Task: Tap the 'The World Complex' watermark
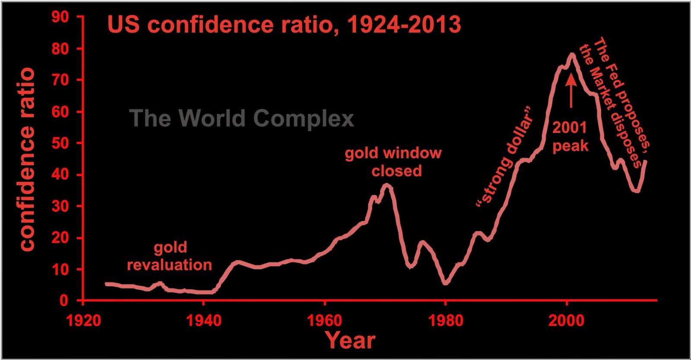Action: click(x=241, y=118)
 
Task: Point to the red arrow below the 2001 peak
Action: click(x=571, y=90)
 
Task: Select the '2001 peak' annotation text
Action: click(x=570, y=136)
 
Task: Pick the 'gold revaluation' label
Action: click(x=169, y=256)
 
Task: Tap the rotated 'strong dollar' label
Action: click(x=505, y=155)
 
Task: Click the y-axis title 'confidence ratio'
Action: click(x=27, y=159)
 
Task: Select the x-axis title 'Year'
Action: click(x=350, y=341)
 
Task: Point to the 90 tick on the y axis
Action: click(x=60, y=17)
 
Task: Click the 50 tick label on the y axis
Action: click(x=60, y=143)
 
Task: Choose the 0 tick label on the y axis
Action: click(x=64, y=300)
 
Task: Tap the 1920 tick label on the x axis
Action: click(x=83, y=321)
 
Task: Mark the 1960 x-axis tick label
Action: click(x=324, y=321)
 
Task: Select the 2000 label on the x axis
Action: click(x=566, y=321)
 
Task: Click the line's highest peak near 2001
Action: click(x=572, y=54)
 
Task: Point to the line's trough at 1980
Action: click(x=446, y=282)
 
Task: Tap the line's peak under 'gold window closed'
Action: click(x=387, y=186)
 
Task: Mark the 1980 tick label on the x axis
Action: click(x=446, y=321)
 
